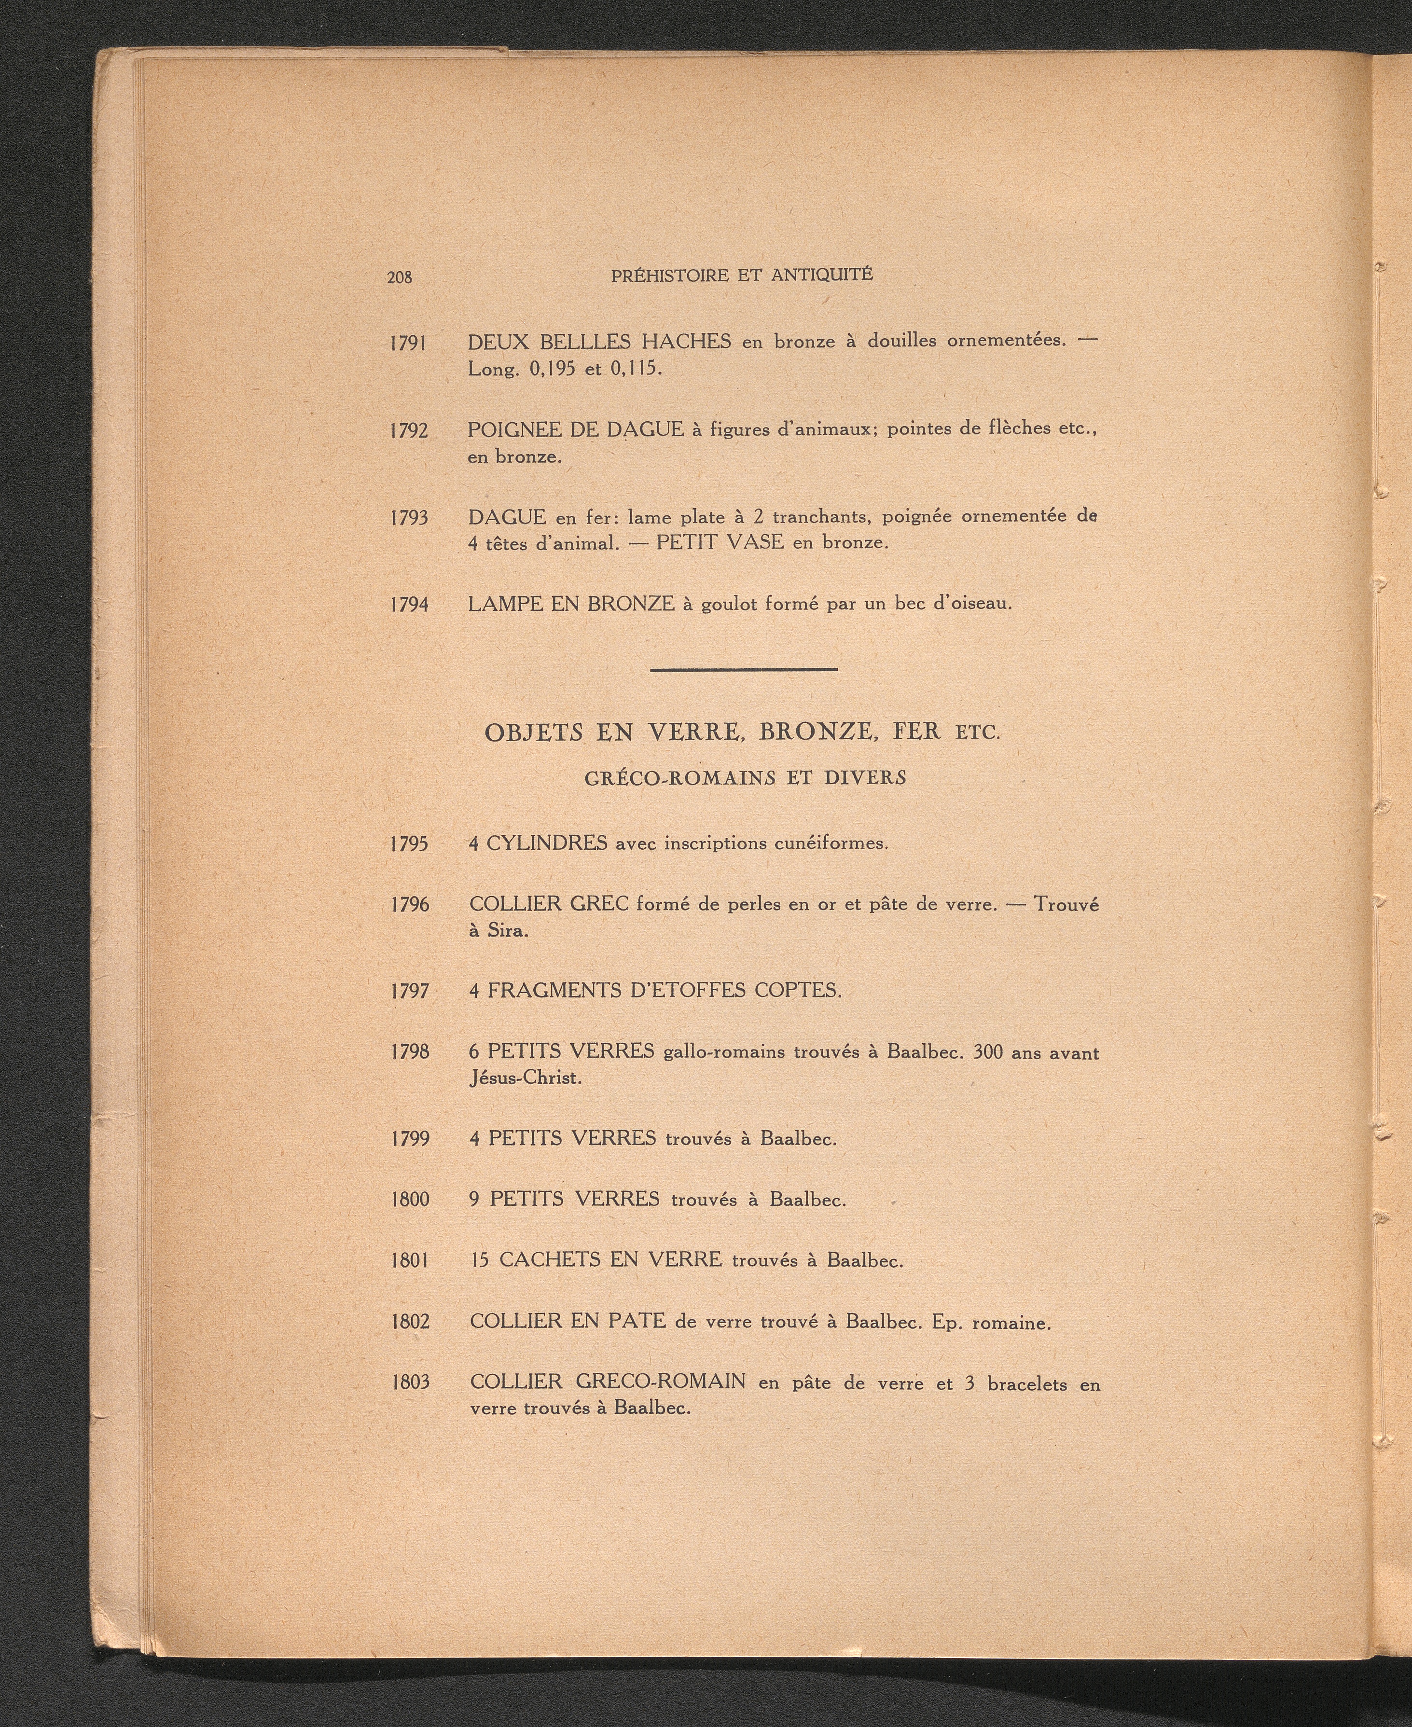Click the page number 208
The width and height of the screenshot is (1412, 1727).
point(400,277)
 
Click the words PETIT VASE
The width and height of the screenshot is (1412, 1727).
point(720,542)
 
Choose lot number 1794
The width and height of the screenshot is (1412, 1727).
point(409,605)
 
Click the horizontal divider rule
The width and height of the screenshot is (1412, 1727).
point(744,669)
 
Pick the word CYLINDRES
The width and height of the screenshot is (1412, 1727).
point(547,843)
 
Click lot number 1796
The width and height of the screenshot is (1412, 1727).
point(409,905)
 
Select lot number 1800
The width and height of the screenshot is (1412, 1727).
point(409,1199)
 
